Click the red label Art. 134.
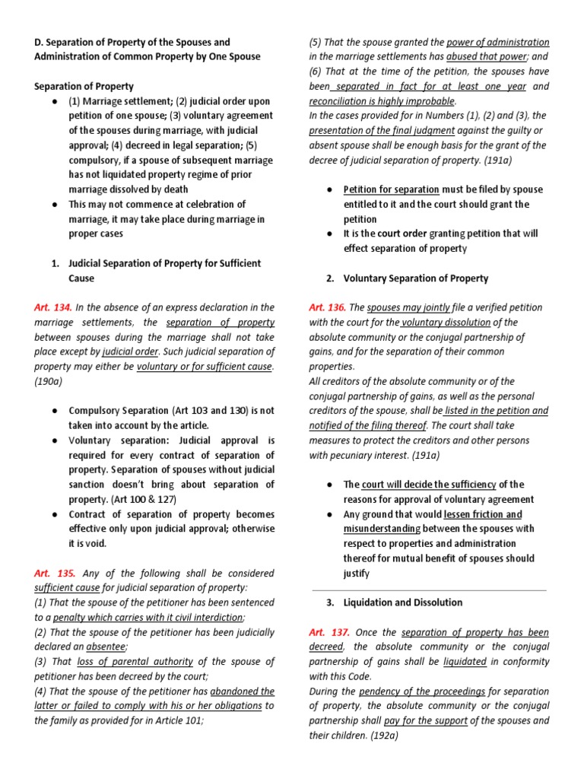coord(52,307)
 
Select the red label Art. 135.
coord(52,573)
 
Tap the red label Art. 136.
coord(327,307)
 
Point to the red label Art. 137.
coord(327,632)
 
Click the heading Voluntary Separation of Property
coord(416,278)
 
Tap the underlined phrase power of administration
coord(497,43)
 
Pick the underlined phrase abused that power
coord(489,57)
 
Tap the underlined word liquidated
coord(465,662)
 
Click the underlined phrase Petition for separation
coord(391,189)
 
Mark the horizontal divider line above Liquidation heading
coord(430,590)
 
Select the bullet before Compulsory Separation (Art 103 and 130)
coord(56,411)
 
